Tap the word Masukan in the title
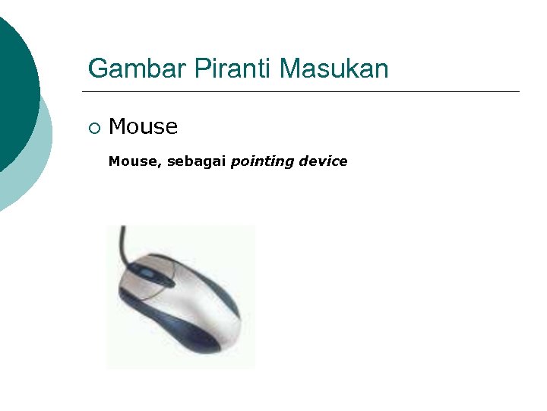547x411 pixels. coord(334,69)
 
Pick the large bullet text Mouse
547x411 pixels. coord(144,126)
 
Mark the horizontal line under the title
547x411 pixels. coord(304,92)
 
